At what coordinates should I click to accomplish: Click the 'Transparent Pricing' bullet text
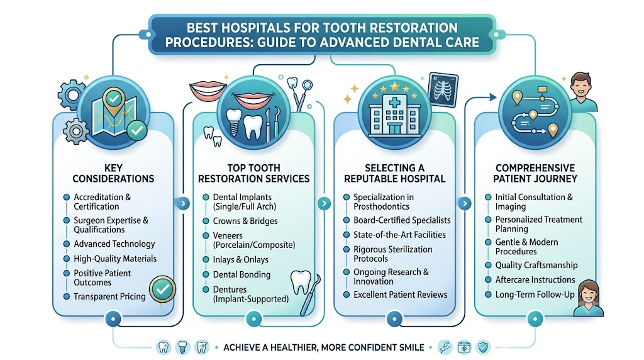click(x=109, y=296)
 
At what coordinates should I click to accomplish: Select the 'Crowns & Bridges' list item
click(x=245, y=221)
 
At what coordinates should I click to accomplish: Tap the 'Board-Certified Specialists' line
click(x=402, y=220)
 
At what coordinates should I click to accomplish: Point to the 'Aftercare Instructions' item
click(x=535, y=279)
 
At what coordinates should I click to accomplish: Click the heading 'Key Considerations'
click(x=113, y=174)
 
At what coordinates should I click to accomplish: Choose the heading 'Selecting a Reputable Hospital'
click(x=395, y=174)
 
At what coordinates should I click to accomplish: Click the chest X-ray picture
click(x=443, y=89)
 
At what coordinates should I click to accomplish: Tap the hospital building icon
click(x=394, y=115)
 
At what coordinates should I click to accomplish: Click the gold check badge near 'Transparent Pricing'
click(x=162, y=289)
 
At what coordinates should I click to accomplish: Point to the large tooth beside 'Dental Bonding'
click(x=301, y=281)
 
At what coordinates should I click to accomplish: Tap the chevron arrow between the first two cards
click(x=183, y=203)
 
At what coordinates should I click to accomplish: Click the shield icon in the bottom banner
click(x=483, y=347)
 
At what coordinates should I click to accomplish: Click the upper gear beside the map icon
click(x=72, y=95)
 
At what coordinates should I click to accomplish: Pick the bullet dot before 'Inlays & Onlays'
click(x=206, y=259)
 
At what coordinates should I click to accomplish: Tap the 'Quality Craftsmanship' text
click(x=536, y=265)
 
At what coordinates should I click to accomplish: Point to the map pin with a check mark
click(x=114, y=101)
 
